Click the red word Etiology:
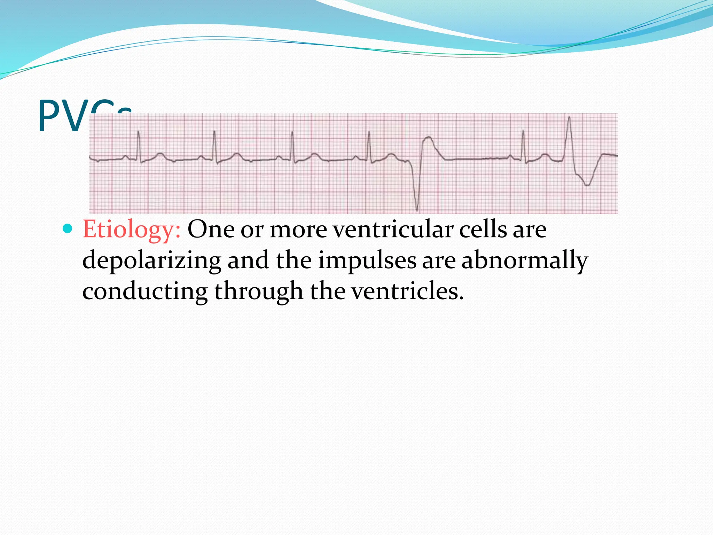click(132, 230)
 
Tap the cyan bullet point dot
click(68, 229)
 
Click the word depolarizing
click(152, 261)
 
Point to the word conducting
click(145, 291)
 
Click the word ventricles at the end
click(407, 291)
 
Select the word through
click(258, 291)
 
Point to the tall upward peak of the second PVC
click(569, 118)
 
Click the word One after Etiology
click(211, 230)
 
